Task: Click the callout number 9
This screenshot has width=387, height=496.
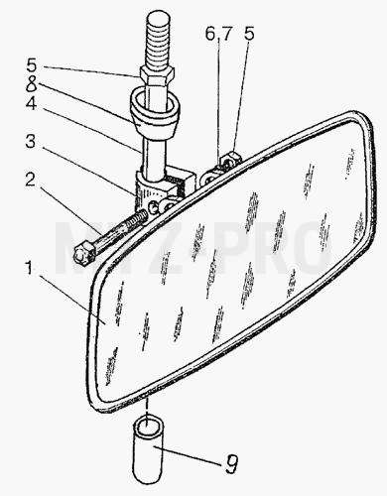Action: (231, 463)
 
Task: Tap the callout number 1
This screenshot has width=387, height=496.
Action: (29, 268)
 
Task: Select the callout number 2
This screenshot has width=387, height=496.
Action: (30, 180)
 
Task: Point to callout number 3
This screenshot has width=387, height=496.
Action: (31, 142)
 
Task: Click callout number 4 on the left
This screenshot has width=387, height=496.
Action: (31, 103)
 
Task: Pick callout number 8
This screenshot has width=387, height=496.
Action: (32, 83)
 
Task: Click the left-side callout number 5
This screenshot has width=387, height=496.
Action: (32, 65)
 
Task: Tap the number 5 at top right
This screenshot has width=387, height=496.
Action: (248, 34)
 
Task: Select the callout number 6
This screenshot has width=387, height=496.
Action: (210, 34)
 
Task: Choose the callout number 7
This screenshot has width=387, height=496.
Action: (226, 34)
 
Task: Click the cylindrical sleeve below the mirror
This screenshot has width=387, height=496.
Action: (148, 443)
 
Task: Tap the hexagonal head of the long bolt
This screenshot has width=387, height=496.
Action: (83, 252)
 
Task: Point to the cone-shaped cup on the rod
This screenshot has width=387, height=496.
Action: (154, 114)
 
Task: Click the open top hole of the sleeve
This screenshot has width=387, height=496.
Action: (148, 426)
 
